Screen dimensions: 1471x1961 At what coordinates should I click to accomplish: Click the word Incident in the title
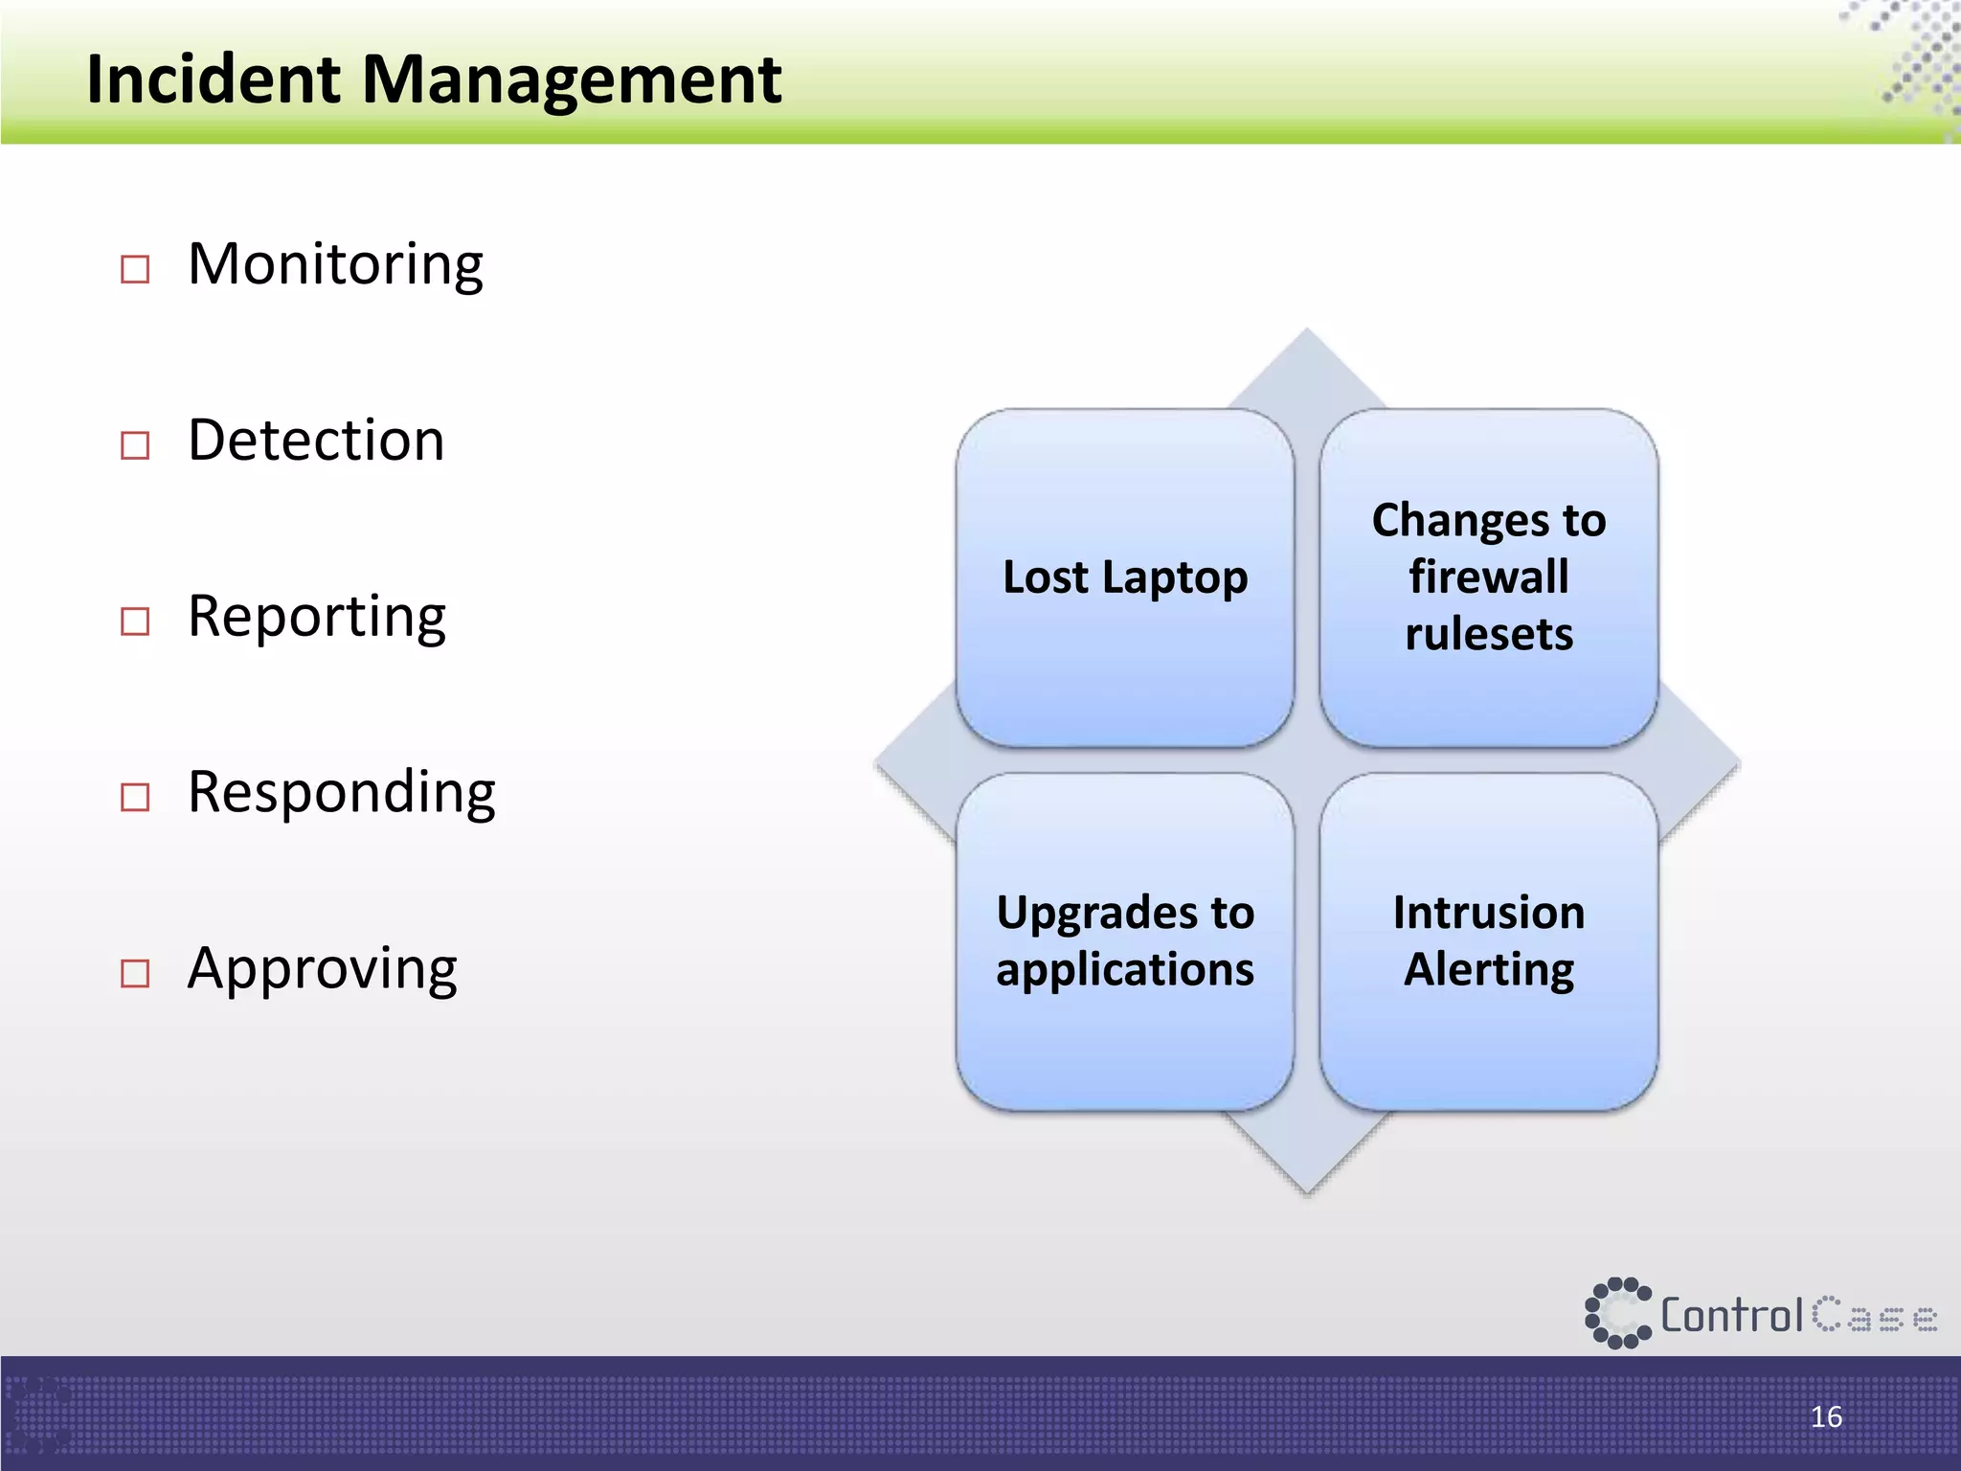tap(213, 79)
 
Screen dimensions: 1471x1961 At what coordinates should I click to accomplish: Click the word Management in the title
tap(571, 80)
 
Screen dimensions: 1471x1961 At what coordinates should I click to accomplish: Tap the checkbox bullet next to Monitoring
tap(135, 269)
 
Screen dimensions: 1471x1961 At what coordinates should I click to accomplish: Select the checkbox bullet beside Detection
tap(135, 445)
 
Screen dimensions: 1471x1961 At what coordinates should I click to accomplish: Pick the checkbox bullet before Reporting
tap(135, 622)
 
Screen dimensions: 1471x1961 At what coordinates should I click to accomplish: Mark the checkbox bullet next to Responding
tap(135, 797)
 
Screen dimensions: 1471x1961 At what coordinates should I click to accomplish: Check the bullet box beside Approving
tap(135, 973)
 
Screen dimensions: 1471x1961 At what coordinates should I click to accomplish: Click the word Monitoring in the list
tap(335, 264)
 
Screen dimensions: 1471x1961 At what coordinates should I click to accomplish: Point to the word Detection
tap(316, 441)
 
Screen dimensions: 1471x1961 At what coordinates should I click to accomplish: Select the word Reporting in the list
tap(317, 617)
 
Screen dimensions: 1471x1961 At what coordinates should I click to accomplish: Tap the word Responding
tap(341, 793)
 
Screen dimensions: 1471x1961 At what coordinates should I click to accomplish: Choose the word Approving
tap(322, 969)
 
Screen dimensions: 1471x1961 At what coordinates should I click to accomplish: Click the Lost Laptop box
tap(1125, 577)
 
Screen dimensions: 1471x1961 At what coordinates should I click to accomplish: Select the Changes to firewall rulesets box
tap(1489, 577)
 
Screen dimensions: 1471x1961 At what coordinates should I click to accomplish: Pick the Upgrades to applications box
tap(1125, 941)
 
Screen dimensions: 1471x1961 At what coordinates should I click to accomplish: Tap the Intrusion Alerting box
tap(1489, 941)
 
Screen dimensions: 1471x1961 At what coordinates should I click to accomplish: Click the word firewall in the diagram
tap(1489, 577)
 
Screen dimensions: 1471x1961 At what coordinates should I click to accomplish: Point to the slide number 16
tap(1826, 1416)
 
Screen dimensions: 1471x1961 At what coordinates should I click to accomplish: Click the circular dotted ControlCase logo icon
tap(1617, 1313)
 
